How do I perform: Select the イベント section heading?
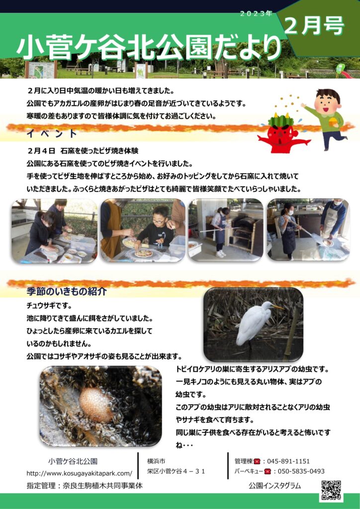pos(52,133)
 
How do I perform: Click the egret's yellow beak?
pos(277,307)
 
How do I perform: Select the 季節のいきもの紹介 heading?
pos(67,291)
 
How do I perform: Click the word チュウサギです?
pos(49,306)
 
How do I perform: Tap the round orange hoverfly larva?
pos(96,405)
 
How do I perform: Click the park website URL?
pos(80,473)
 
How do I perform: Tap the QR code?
pos(332,490)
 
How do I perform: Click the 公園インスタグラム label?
pos(274,486)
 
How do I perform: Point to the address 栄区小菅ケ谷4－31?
pos(176,471)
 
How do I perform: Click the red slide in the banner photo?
pos(345,74)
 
